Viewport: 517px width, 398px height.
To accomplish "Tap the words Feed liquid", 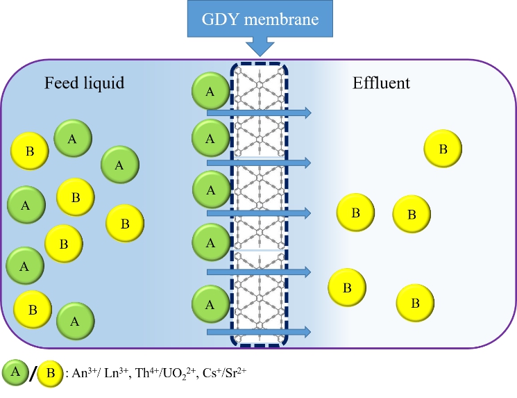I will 84,84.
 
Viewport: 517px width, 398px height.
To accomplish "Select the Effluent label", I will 380,84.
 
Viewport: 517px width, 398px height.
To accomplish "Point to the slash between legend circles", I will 32,374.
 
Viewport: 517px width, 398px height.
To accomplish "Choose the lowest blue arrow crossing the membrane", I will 258,333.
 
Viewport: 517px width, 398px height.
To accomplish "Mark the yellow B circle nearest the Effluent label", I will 443,149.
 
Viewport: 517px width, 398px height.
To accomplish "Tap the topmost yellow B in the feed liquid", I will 30,151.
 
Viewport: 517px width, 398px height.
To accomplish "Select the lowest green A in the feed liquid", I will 75,321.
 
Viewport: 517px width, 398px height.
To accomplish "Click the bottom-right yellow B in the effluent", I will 415,304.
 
